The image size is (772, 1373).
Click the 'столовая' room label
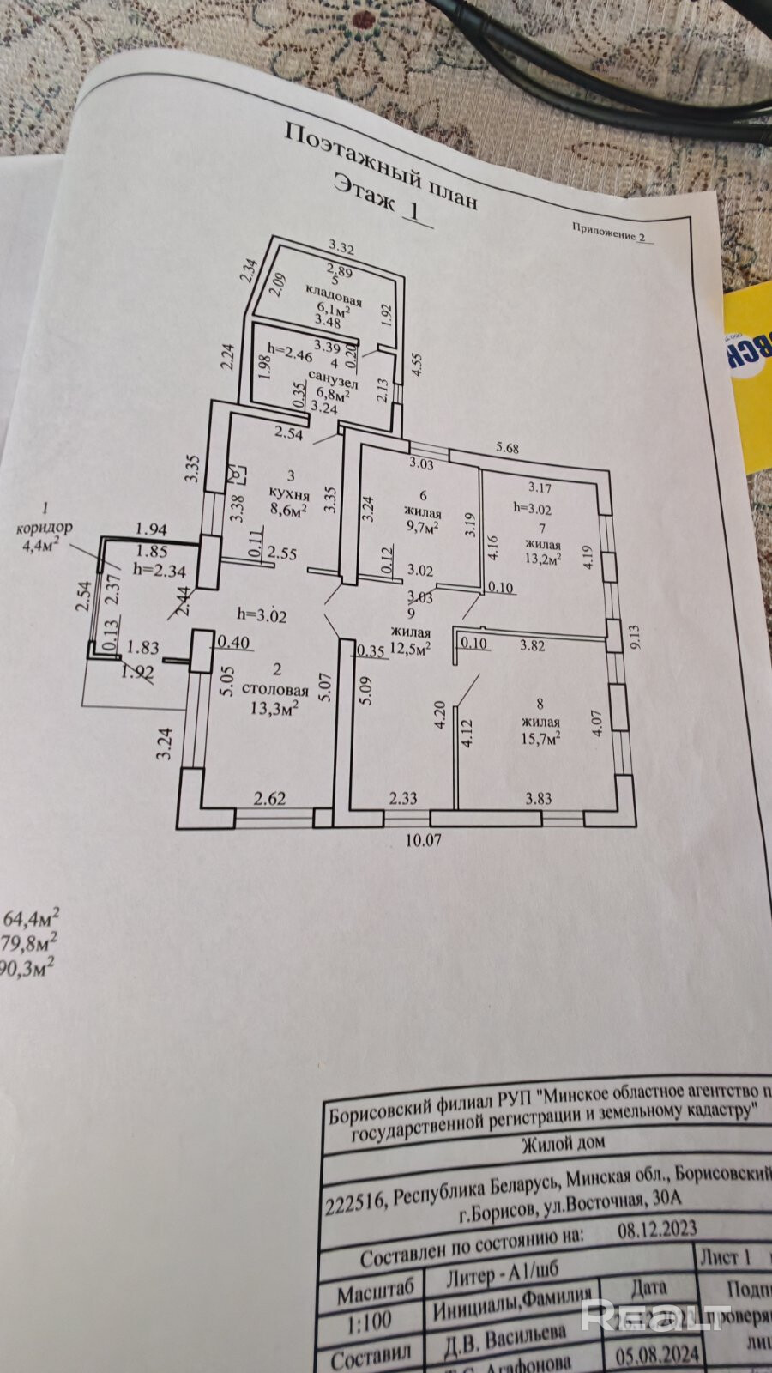coord(274,689)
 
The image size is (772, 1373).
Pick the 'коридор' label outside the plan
coord(45,527)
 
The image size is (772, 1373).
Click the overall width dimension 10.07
coord(423,840)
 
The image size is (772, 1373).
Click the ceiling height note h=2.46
coord(290,351)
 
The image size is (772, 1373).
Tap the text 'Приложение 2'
coord(614,233)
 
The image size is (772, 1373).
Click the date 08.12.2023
coord(657,1229)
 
